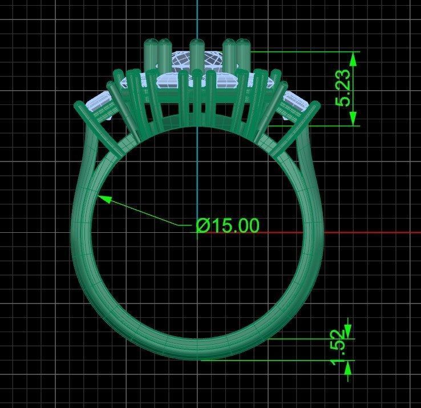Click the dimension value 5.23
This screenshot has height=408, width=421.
pos(343,89)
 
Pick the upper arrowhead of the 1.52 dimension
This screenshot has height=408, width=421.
pos(348,331)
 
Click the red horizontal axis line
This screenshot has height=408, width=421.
pos(371,233)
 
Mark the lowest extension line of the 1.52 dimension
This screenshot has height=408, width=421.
pos(274,360)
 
